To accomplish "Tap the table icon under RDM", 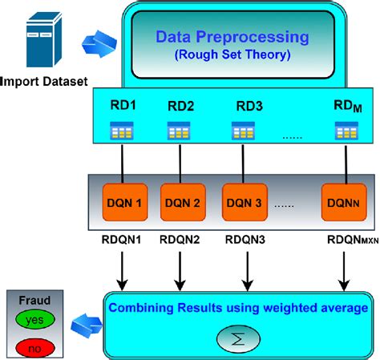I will (344, 131).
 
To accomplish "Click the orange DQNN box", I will (343, 204).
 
